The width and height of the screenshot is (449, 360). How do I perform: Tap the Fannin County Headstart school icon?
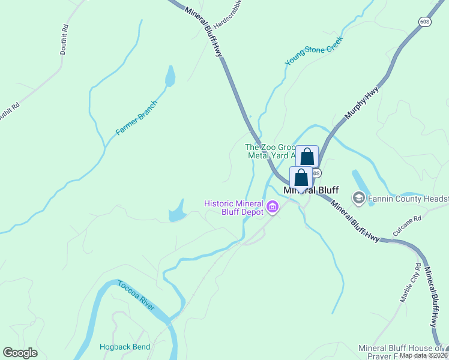[x=359, y=197]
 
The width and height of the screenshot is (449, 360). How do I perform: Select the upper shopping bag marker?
[x=307, y=157]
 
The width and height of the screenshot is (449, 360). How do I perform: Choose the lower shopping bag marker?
[x=301, y=178]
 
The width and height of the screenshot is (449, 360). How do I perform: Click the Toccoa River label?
[x=136, y=295]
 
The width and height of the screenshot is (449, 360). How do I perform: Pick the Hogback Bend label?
[x=125, y=347]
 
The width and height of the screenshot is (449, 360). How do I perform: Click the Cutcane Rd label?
[x=408, y=226]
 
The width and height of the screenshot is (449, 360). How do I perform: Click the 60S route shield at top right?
[x=425, y=21]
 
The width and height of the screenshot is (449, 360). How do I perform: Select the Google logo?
[x=20, y=353]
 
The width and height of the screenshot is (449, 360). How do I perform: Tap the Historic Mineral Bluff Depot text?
[x=234, y=208]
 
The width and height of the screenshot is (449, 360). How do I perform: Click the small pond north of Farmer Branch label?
[x=170, y=76]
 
